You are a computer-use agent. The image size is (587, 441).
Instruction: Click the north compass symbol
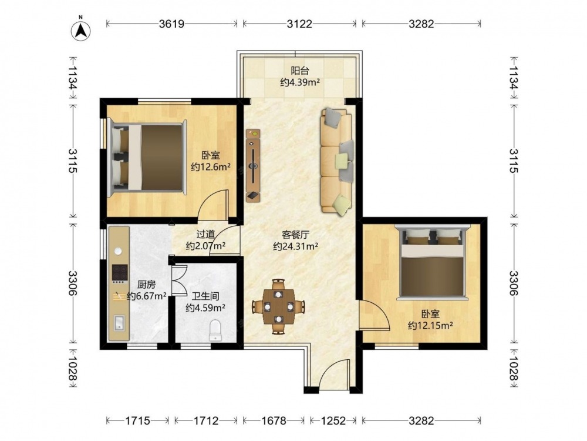tap(81, 30)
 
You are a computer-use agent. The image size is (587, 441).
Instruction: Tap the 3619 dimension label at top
tap(172, 24)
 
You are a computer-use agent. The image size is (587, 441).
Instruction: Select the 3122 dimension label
tap(299, 24)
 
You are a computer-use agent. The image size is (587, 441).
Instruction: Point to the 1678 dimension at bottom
tap(274, 421)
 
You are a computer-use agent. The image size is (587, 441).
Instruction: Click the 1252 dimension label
tap(333, 421)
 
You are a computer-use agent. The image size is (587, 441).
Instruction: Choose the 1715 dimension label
tap(137, 421)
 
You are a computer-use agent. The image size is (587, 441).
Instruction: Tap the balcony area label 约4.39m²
tap(300, 82)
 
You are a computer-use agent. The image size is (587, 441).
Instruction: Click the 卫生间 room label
tap(205, 296)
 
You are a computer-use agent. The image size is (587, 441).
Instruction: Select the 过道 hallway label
tap(205, 235)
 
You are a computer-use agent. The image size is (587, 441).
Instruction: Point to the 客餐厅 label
tap(295, 235)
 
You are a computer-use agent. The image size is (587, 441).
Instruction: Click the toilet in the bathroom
tap(215, 330)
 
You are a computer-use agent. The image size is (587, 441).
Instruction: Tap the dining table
tap(278, 306)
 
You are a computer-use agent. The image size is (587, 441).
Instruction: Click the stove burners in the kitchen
tap(120, 274)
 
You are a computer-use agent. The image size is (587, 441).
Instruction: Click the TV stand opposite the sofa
tap(253, 165)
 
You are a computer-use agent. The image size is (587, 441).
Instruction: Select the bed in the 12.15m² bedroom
tap(433, 262)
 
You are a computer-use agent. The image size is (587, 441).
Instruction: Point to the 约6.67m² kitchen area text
tap(147, 296)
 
